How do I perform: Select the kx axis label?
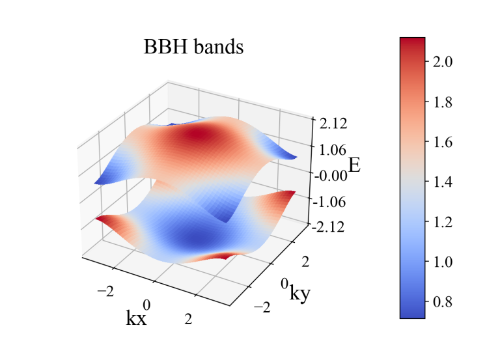tap(136, 318)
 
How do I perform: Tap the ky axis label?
tap(300, 294)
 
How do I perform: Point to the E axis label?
tap(354, 165)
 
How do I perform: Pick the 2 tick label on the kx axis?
tap(189, 319)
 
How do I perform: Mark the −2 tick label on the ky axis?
tap(262, 308)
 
